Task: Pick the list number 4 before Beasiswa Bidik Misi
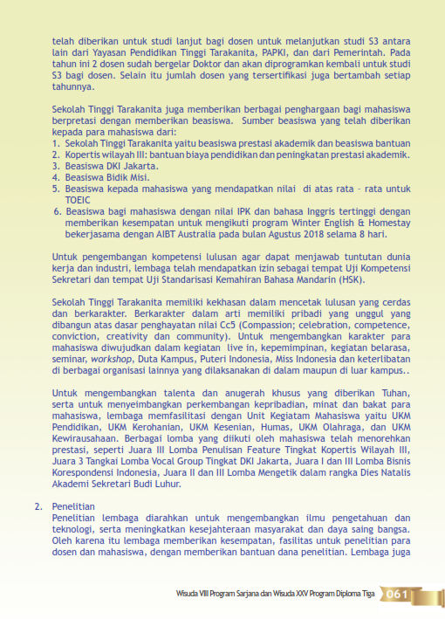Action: pyautogui.click(x=55, y=175)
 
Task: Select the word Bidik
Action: pyautogui.click(x=115, y=175)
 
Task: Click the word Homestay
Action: pyautogui.click(x=390, y=223)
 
